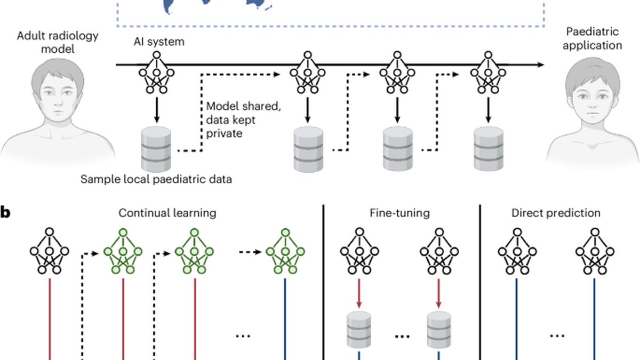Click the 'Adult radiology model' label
click(x=58, y=42)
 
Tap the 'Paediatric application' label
click(x=593, y=38)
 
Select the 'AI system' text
click(x=159, y=42)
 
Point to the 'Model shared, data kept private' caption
click(x=243, y=119)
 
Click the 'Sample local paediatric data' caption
click(x=156, y=179)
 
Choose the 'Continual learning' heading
click(x=167, y=213)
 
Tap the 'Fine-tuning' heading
click(x=399, y=213)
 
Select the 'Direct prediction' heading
click(x=556, y=213)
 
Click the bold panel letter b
click(x=5, y=213)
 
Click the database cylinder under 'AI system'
click(x=156, y=149)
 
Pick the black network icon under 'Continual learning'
click(x=50, y=251)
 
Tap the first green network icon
click(x=123, y=251)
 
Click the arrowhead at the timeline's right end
click(x=541, y=65)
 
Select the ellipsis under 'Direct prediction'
click(x=557, y=335)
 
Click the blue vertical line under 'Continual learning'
click(x=285, y=319)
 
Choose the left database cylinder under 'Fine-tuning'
click(x=359, y=330)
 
